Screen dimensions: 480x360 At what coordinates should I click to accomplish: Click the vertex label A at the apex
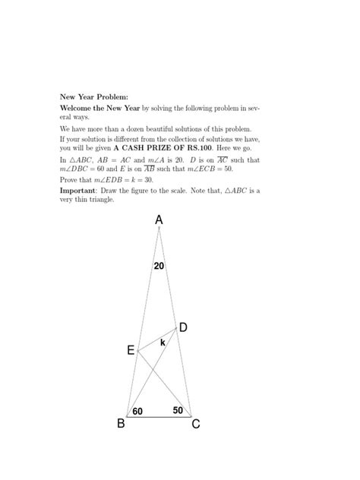coord(159,220)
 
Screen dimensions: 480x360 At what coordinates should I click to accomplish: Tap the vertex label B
coord(120,424)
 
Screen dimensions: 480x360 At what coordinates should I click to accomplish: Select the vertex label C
coord(196,424)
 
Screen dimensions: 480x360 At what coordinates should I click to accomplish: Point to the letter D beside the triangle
coord(183,327)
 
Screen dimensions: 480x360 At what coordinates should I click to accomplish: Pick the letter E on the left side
coord(131,351)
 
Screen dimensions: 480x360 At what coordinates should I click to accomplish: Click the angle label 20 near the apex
coord(159,266)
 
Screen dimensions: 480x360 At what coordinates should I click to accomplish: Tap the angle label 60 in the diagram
coord(138,411)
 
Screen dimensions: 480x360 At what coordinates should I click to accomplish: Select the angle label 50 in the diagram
coord(178,410)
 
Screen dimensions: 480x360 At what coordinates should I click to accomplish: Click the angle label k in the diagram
coord(163,343)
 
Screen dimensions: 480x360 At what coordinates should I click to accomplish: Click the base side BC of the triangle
coord(159,417)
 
